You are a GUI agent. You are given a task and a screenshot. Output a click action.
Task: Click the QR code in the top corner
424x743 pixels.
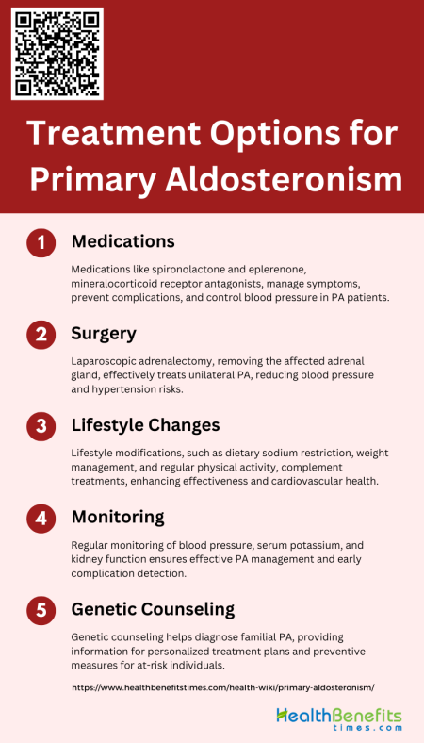click(x=57, y=53)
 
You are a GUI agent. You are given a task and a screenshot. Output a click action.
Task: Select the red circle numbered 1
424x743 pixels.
click(x=41, y=243)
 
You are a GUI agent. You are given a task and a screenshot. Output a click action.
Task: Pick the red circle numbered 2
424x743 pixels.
click(x=41, y=335)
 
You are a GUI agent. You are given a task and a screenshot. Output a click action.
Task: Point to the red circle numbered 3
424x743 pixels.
click(x=41, y=426)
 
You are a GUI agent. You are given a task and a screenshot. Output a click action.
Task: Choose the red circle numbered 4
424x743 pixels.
click(x=41, y=518)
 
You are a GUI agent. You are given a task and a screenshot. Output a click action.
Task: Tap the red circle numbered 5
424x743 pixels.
click(x=41, y=609)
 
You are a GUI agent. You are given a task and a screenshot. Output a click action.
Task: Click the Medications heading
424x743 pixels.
click(x=123, y=241)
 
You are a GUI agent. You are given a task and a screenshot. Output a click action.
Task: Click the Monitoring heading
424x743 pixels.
click(x=119, y=517)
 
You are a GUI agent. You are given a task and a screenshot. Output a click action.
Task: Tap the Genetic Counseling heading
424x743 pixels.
click(x=153, y=609)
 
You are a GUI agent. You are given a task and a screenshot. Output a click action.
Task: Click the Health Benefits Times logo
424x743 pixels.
click(x=338, y=720)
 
